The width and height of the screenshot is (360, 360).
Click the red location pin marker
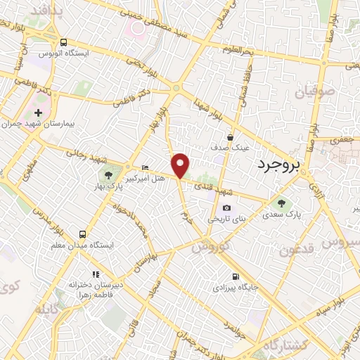click(181, 164)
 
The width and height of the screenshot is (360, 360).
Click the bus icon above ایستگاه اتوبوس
click(64, 42)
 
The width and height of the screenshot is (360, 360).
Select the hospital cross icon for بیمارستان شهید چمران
click(39, 112)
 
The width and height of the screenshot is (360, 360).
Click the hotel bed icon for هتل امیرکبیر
click(146, 167)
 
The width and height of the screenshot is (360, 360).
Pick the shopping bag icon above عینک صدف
click(231, 137)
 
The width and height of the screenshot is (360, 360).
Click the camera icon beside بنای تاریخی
click(226, 208)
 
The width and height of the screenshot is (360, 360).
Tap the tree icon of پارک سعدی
click(281, 203)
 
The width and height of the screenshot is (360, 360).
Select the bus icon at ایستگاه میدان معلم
click(83, 234)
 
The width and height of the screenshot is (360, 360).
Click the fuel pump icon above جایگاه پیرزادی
click(235, 276)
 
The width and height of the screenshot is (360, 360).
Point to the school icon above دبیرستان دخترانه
click(96, 274)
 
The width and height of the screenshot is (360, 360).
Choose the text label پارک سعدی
click(285, 214)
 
